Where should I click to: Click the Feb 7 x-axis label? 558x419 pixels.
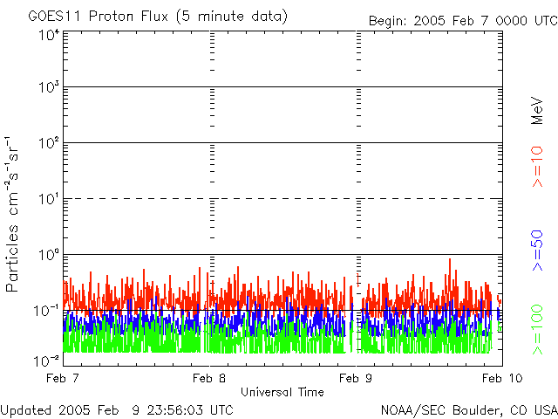point(64,378)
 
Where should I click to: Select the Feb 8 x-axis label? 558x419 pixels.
point(209,378)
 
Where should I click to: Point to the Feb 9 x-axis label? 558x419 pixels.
point(357,378)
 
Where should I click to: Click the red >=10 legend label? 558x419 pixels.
point(538,167)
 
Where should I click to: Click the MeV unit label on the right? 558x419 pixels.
point(538,109)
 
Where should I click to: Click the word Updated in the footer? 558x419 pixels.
point(26,409)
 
